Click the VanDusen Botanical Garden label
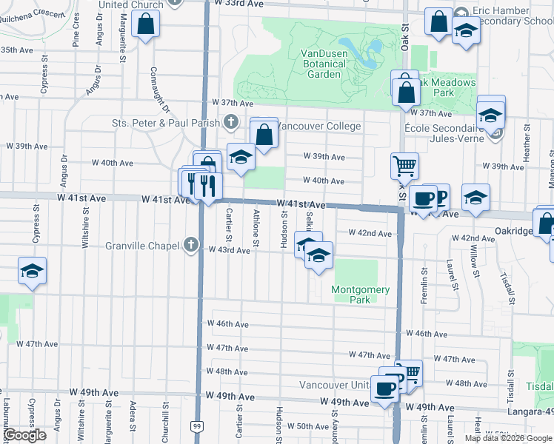pyautogui.click(x=330, y=64)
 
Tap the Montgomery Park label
pyautogui.click(x=361, y=295)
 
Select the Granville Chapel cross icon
pyautogui.click(x=191, y=245)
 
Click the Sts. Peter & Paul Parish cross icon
pyautogui.click(x=230, y=122)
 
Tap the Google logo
pyautogui.click(x=24, y=436)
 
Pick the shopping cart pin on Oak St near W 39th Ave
pyautogui.click(x=405, y=166)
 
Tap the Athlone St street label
pyautogui.click(x=256, y=228)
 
